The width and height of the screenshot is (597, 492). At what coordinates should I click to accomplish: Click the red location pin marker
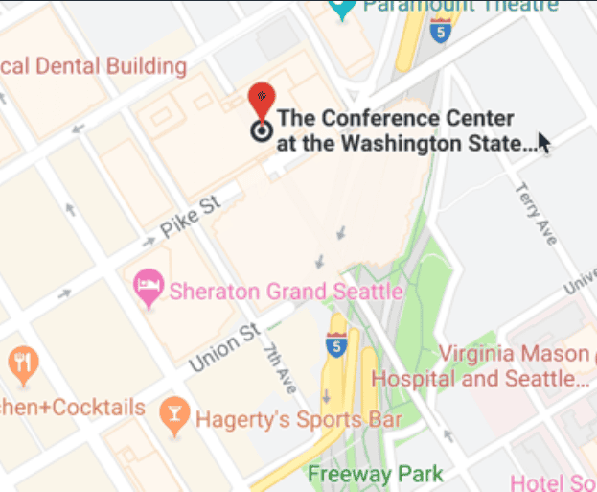[261, 101]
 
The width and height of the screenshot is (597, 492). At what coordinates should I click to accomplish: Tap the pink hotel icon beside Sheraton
[147, 287]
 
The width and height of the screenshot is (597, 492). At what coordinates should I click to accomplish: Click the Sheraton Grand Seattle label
[286, 290]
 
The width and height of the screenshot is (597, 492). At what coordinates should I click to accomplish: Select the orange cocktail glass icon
[173, 414]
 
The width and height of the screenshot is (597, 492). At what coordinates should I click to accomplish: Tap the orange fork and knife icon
[21, 363]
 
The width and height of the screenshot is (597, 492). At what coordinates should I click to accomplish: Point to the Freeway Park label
[376, 474]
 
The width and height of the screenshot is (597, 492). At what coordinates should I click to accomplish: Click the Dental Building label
[94, 66]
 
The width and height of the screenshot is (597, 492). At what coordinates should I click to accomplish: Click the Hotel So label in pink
[554, 481]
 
